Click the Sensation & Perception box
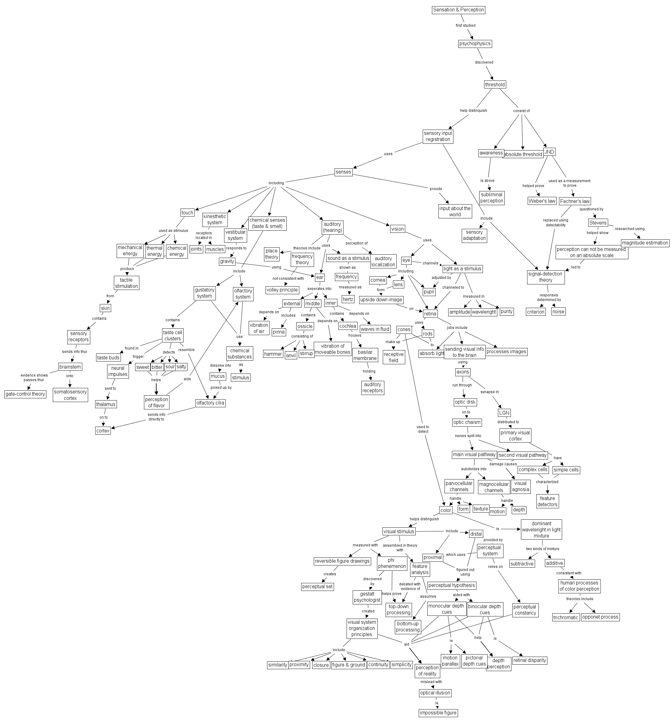pyautogui.click(x=458, y=10)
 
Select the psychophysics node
pyautogui.click(x=475, y=44)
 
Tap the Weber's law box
pyautogui.click(x=542, y=201)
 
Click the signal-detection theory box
pyautogui.click(x=546, y=277)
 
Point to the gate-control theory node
pyautogui.click(x=25, y=394)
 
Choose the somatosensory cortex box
pyautogui.click(x=70, y=395)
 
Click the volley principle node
pyautogui.click(x=282, y=290)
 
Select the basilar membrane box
pyautogui.click(x=365, y=355)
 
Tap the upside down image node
pyautogui.click(x=381, y=300)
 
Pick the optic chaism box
pyautogui.click(x=467, y=422)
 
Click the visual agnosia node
pyautogui.click(x=520, y=486)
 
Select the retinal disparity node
pyautogui.click(x=529, y=660)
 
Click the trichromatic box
pyautogui.click(x=565, y=617)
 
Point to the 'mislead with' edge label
pyautogui.click(x=431, y=682)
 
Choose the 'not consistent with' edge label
pyautogui.click(x=288, y=279)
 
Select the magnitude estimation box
pyautogui.click(x=645, y=243)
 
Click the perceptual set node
pyautogui.click(x=317, y=587)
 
